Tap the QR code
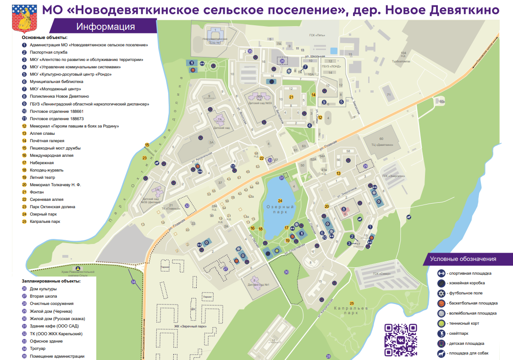pyautogui.click(x=400, y=340)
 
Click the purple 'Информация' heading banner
pyautogui.click(x=105, y=27)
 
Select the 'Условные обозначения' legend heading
pyautogui.click(x=463, y=259)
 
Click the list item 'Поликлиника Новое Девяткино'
pyautogui.click(x=59, y=96)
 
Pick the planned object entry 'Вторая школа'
pyautogui.click(x=44, y=296)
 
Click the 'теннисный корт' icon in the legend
pyautogui.click(x=441, y=323)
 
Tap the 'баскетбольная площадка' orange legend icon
pyautogui.click(x=441, y=303)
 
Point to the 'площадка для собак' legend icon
pyautogui.click(x=441, y=353)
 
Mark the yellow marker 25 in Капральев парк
pyautogui.click(x=352, y=303)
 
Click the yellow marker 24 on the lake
pyautogui.click(x=280, y=201)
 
